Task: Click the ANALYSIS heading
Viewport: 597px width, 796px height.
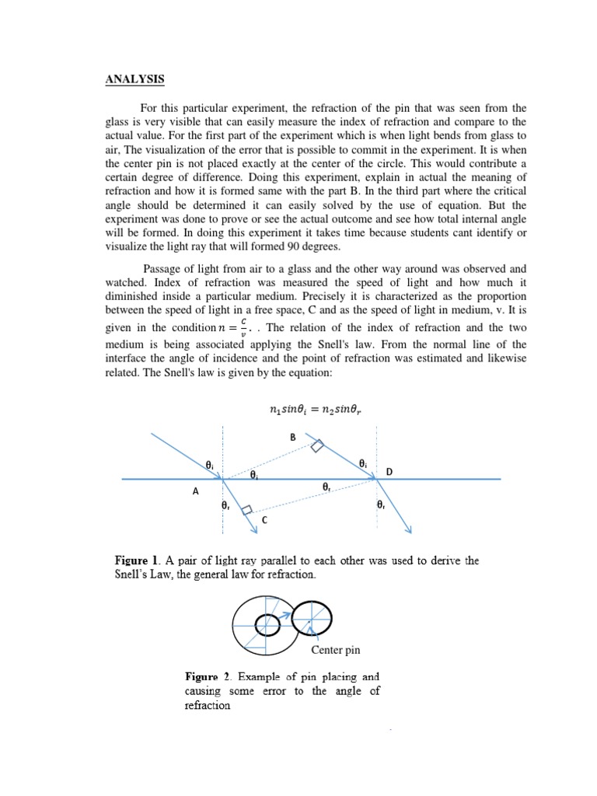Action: [x=134, y=79]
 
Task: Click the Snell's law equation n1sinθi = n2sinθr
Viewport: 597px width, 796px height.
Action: [x=299, y=410]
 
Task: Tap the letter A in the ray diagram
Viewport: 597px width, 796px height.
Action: [x=196, y=491]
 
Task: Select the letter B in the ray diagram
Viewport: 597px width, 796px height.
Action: [x=293, y=438]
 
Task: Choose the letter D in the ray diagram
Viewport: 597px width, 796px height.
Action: [x=389, y=472]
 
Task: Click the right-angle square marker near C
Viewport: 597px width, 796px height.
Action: [x=246, y=510]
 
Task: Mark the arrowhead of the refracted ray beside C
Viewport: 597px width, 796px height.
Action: [x=254, y=530]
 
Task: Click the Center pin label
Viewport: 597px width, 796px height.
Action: [x=335, y=649]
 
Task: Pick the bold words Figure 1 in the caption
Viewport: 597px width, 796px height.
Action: [x=137, y=560]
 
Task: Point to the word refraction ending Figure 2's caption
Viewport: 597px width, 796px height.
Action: [x=208, y=706]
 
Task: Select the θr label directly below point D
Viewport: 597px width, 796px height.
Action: [x=380, y=504]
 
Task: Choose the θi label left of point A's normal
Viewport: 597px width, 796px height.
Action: [x=208, y=464]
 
